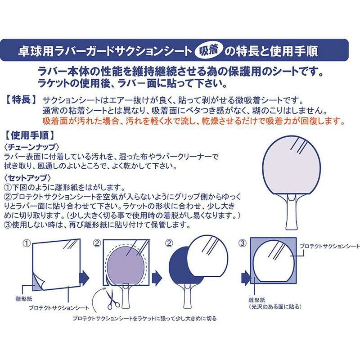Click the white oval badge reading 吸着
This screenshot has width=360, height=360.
pyautogui.click(x=208, y=50)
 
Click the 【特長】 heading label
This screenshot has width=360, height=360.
pyautogui.click(x=21, y=100)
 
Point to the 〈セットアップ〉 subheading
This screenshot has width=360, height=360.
pyautogui.click(x=27, y=178)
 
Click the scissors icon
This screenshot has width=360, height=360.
pyautogui.click(x=112, y=299)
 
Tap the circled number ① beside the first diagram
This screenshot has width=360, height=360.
pyautogui.click(x=27, y=243)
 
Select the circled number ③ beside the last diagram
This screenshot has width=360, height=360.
pyautogui.click(x=243, y=243)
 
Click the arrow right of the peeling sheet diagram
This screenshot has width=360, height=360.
pyautogui.click(x=84, y=277)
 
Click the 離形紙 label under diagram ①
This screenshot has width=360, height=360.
pyautogui.click(x=24, y=299)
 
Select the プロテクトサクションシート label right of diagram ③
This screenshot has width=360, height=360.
pyautogui.click(x=329, y=246)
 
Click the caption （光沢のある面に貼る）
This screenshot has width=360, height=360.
pyautogui.click(x=275, y=307)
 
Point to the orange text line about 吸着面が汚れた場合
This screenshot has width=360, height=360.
pyautogui.click(x=194, y=121)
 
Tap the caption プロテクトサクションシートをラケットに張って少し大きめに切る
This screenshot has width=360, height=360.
pyautogui.click(x=144, y=319)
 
